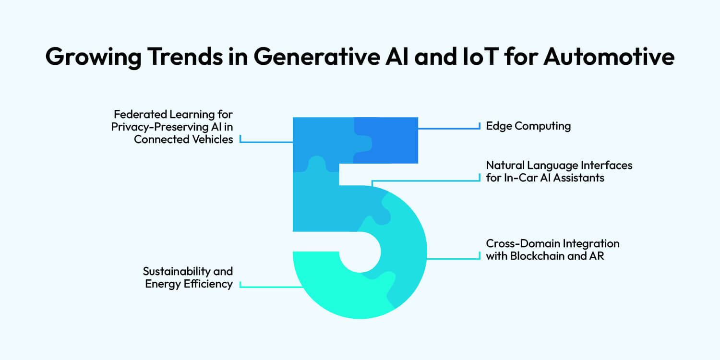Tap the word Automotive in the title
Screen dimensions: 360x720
point(610,57)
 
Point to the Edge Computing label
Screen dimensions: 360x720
point(528,126)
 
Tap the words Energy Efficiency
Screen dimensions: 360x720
point(189,284)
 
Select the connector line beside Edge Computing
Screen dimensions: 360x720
point(449,128)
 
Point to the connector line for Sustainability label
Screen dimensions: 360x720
point(269,287)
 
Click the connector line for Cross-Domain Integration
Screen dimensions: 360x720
point(454,259)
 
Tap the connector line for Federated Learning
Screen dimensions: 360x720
point(266,142)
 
